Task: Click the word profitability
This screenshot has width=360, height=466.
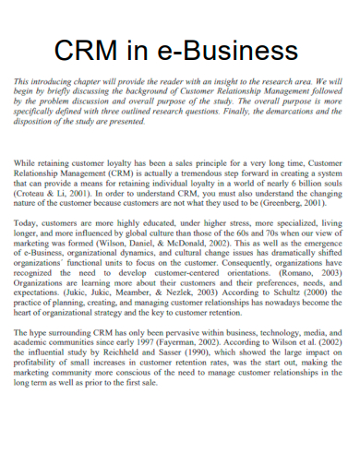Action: (x=37, y=364)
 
